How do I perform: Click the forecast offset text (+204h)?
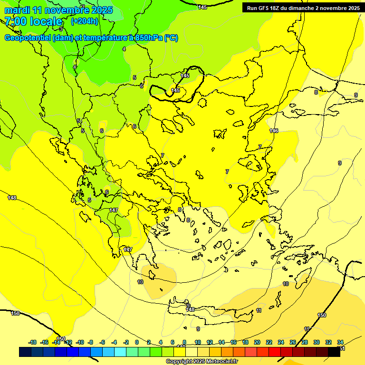[x=85, y=21]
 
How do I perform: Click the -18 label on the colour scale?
[x=33, y=342]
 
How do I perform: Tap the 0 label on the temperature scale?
[x=137, y=342]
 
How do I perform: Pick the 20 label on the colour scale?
[x=257, y=342]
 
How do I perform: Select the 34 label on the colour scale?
[x=340, y=342]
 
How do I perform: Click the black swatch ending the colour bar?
[x=334, y=352]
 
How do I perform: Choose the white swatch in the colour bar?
[x=191, y=352]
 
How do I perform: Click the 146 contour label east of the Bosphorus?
[x=274, y=131]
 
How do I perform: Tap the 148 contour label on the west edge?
[x=12, y=198]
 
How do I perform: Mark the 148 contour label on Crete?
[x=190, y=309]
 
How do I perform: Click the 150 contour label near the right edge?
[x=322, y=316]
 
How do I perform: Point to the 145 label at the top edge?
[x=202, y=7]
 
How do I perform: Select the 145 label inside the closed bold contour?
[x=175, y=90]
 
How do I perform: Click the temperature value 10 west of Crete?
[x=140, y=282]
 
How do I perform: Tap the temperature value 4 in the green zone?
[x=124, y=49]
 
